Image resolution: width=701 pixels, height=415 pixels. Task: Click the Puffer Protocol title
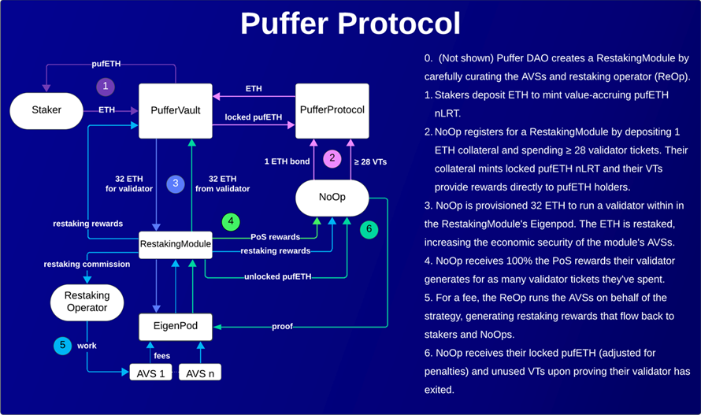tap(350, 24)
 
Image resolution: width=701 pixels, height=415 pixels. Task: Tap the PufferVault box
tap(175, 111)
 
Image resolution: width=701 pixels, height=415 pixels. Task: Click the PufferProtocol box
tap(331, 110)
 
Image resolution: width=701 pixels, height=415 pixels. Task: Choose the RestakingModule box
tap(175, 244)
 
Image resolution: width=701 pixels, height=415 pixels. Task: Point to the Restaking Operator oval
tap(87, 302)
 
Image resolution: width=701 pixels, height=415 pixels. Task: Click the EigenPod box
tap(176, 324)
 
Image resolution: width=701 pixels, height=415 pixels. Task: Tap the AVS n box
tap(201, 373)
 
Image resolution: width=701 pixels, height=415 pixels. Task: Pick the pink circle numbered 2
tap(332, 158)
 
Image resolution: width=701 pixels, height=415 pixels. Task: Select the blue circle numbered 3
tap(176, 183)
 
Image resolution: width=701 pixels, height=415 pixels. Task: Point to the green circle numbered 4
tap(230, 222)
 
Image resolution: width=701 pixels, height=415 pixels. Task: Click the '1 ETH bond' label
tap(287, 162)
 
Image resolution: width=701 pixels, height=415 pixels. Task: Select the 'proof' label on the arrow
tap(281, 326)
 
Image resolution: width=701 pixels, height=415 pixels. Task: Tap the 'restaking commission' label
tap(87, 265)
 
